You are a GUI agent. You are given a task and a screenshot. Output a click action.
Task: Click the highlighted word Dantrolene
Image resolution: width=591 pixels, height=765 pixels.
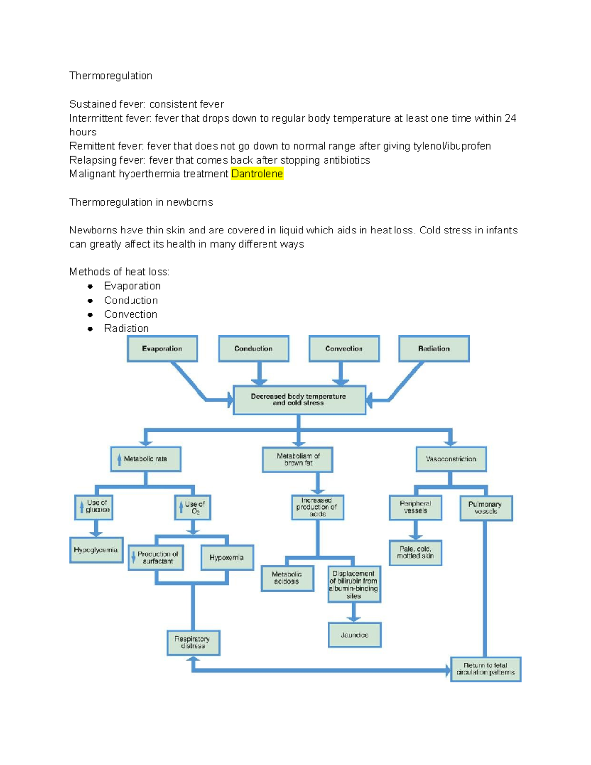pos(257,174)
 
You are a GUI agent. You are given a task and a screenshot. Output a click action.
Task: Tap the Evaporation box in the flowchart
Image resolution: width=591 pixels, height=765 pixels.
pos(162,349)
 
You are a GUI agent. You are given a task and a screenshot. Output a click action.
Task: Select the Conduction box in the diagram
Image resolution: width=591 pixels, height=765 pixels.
pos(254,349)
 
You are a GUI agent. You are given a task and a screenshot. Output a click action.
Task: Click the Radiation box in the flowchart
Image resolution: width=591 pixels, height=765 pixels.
pos(434,349)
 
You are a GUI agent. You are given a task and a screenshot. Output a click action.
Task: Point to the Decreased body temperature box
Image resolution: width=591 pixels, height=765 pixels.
pos(299,400)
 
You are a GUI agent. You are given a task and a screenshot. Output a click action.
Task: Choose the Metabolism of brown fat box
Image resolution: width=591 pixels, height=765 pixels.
pos(298,460)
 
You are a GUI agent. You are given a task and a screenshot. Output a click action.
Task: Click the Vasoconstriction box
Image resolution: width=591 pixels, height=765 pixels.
pos(451,459)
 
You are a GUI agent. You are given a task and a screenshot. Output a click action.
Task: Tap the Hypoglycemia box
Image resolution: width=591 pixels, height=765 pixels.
pos(97,550)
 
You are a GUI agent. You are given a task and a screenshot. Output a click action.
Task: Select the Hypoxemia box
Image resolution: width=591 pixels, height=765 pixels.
pos(227,557)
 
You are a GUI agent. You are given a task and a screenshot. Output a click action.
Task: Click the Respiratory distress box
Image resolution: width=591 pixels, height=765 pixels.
pos(193,642)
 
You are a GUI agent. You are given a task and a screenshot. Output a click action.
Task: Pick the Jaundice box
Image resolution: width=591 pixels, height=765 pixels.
pos(355,635)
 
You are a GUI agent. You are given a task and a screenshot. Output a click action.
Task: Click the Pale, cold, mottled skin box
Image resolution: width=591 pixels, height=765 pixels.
pos(415,553)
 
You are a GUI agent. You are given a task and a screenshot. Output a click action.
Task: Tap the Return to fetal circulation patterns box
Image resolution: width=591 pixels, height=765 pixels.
pos(486,669)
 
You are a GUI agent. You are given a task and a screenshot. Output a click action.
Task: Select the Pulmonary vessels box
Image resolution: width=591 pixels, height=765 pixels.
pos(486,508)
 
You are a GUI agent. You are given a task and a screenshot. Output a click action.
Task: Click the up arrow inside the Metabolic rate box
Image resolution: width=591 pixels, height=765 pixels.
pos(119,460)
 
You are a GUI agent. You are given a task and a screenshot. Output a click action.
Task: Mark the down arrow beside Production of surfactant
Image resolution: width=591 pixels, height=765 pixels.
pos(134,557)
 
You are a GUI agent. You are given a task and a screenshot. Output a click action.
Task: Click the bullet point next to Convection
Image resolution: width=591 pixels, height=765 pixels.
pos(90,315)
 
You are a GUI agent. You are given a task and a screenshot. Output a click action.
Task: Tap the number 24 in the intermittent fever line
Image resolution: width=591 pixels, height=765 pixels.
pos(510,118)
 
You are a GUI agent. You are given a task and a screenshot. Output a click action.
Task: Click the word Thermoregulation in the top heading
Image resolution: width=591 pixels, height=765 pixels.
pos(111,76)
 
